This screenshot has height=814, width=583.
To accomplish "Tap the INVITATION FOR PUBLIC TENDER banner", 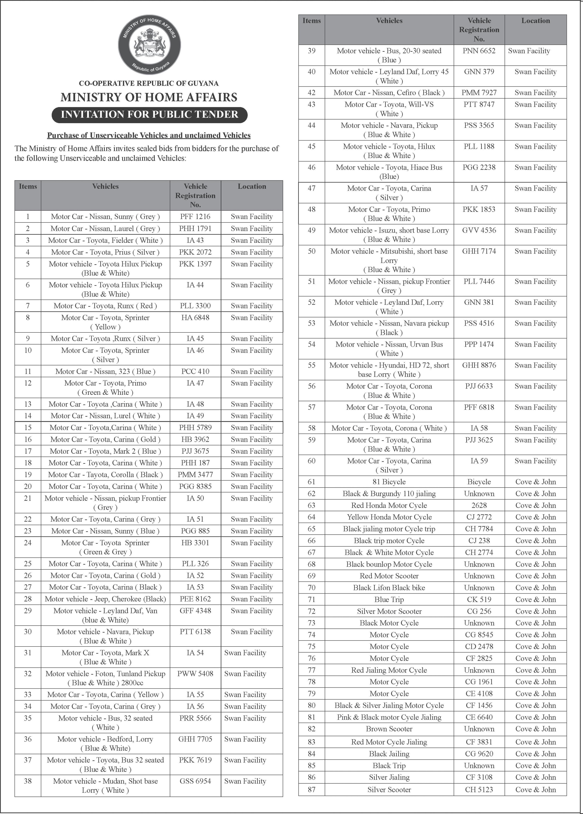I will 149,114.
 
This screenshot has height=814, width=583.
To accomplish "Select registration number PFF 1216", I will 195,216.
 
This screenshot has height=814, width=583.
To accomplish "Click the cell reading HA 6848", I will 195,318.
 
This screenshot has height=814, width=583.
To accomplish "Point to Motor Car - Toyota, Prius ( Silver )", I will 105,252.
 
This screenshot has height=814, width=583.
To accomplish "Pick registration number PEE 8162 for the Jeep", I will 195,599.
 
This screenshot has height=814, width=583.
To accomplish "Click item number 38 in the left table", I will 28,781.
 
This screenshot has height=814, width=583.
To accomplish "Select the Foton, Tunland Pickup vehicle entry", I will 105,678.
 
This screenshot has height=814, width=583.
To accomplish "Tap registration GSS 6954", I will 195,781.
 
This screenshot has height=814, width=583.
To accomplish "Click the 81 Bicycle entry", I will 389,482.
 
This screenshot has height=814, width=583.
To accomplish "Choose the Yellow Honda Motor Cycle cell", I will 389,517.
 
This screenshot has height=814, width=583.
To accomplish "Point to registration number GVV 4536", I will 479,230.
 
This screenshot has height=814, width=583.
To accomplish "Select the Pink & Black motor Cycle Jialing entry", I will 389,717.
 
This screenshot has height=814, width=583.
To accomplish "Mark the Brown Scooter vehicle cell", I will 389,729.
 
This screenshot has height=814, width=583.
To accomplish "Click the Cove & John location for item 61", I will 535,482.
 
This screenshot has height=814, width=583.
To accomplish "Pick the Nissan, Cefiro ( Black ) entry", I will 389,93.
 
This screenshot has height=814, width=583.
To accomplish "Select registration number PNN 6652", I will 479,51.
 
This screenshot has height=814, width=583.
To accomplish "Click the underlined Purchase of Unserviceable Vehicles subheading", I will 149,135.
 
